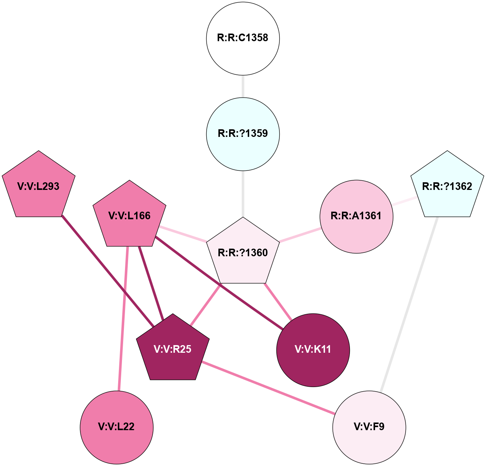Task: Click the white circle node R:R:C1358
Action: coord(243,38)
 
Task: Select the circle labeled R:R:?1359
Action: coord(243,134)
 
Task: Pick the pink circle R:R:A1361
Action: coord(356,216)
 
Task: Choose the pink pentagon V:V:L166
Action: coord(130,216)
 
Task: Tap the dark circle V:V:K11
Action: coord(313,350)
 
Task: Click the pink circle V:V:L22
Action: coord(117,427)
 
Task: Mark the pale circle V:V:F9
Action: coord(369,427)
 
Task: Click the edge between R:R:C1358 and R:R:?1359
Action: coord(243,86)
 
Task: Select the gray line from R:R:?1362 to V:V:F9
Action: coord(409,304)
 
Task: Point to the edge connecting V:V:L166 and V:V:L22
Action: coord(123,318)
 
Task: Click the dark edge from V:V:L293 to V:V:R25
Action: coord(108,271)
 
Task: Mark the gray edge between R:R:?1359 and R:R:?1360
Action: coord(243,194)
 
